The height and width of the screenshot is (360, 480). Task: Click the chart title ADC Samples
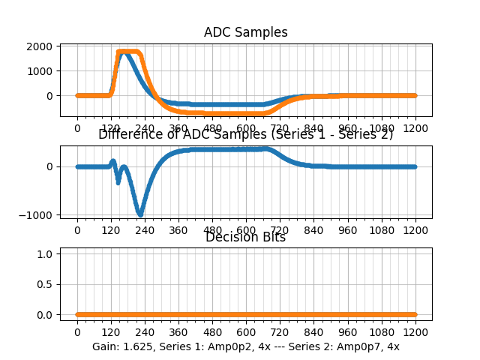pyautogui.click(x=245, y=32)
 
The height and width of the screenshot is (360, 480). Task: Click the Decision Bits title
pyautogui.click(x=245, y=237)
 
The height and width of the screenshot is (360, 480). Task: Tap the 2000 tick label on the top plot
pyautogui.click(x=40, y=46)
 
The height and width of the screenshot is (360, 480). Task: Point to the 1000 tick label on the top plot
pyautogui.click(x=40, y=71)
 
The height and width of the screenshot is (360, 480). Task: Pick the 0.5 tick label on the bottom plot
pyautogui.click(x=44, y=284)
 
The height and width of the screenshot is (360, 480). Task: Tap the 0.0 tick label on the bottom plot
pyautogui.click(x=44, y=315)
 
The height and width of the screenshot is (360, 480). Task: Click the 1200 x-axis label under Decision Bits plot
pyautogui.click(x=415, y=332)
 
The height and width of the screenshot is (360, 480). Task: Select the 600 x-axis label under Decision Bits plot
pyautogui.click(x=246, y=332)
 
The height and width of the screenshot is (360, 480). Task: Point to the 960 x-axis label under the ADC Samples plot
pyautogui.click(x=348, y=128)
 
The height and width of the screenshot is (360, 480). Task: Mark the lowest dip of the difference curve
pyautogui.click(x=139, y=214)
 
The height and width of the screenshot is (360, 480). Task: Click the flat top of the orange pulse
pyautogui.click(x=129, y=52)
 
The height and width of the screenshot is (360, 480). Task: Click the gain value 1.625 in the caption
pyautogui.click(x=135, y=346)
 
